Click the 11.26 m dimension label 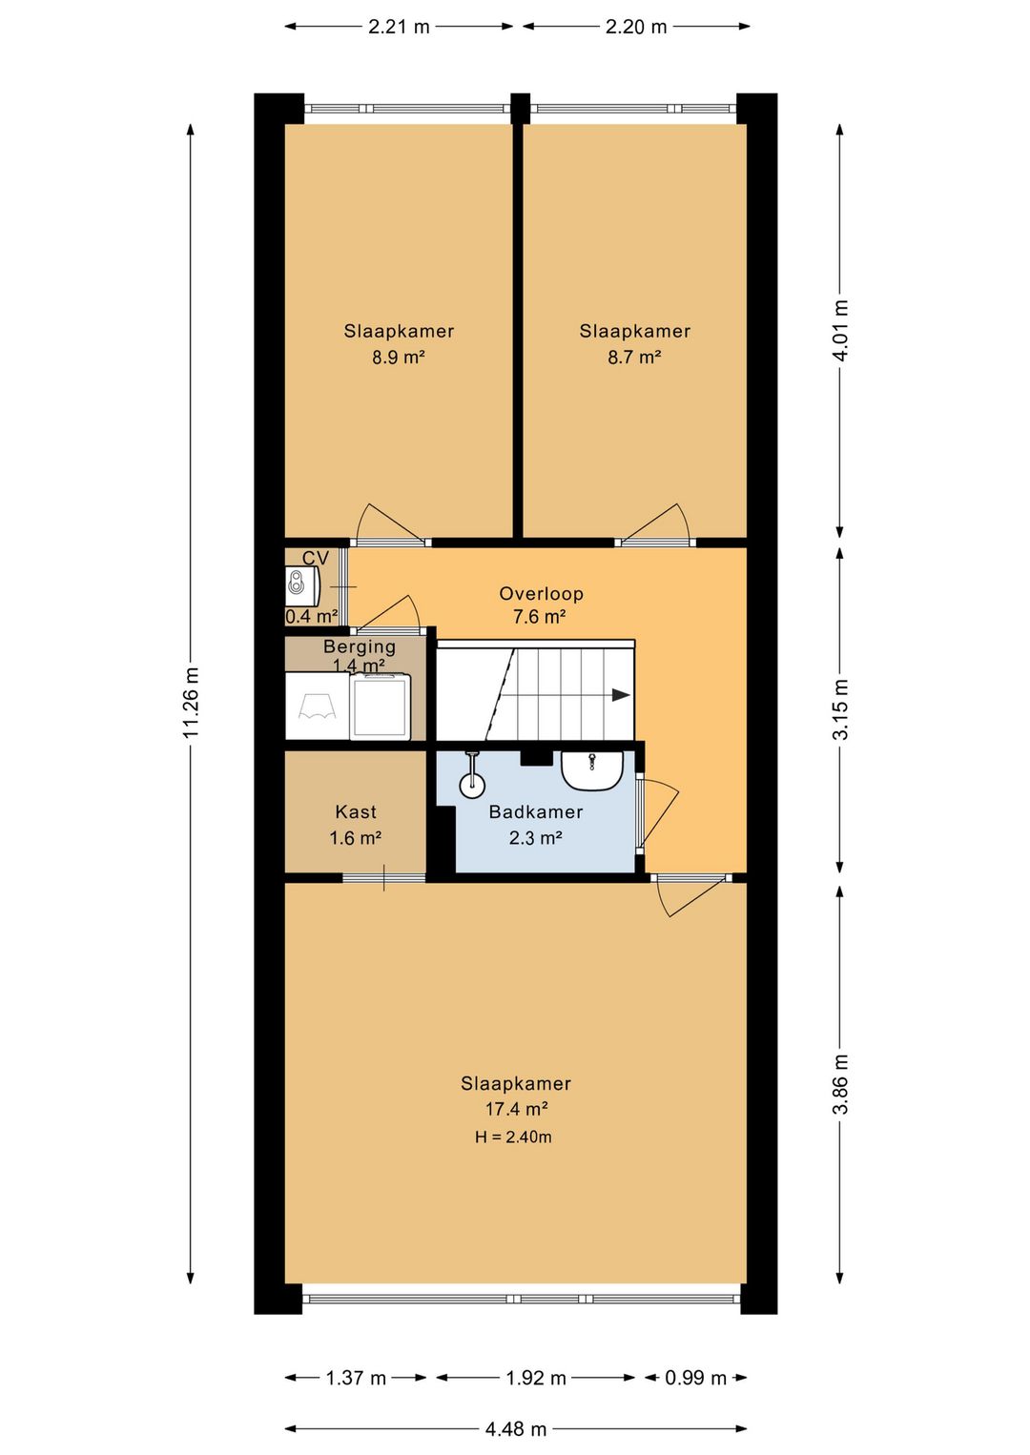[x=191, y=702]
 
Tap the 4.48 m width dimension [x=516, y=1429]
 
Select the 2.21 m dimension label [x=399, y=27]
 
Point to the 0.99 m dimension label [x=695, y=1378]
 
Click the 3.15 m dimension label [x=841, y=708]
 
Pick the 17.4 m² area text [x=517, y=1109]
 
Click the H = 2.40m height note [x=513, y=1137]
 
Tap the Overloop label [x=542, y=593]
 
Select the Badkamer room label [x=535, y=811]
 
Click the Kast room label [x=356, y=811]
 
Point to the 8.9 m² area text [x=399, y=357]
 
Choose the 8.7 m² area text [x=634, y=357]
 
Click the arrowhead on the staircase [x=621, y=695]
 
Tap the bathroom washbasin [x=592, y=770]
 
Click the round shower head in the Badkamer [x=472, y=785]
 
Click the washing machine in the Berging [x=381, y=707]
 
